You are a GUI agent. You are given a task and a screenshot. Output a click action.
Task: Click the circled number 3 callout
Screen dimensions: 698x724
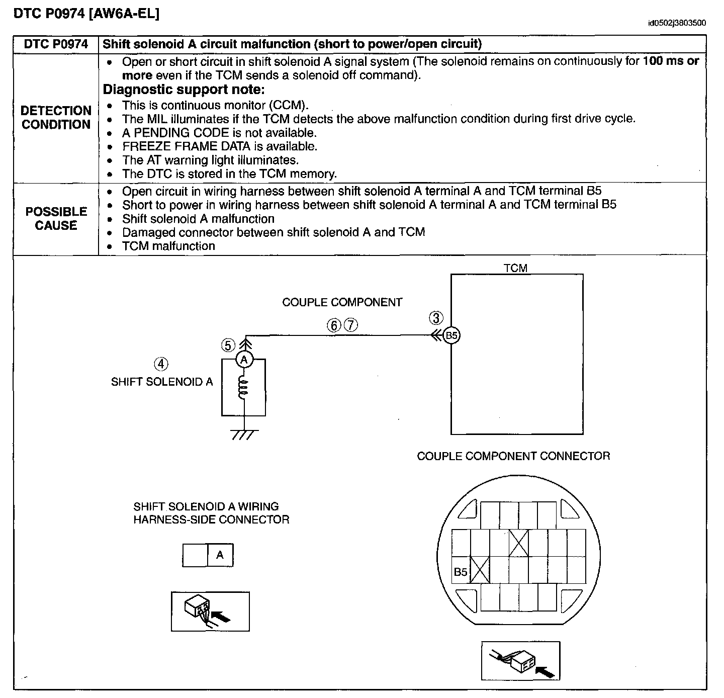click(x=436, y=318)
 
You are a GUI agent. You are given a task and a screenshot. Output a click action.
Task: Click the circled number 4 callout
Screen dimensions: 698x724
click(x=161, y=364)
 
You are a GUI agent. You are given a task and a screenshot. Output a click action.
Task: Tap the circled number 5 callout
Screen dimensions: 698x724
click(x=228, y=345)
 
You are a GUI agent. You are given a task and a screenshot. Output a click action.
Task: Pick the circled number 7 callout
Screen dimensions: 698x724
click(x=350, y=325)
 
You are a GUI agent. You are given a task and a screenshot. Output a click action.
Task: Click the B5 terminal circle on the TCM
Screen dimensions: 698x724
click(x=451, y=335)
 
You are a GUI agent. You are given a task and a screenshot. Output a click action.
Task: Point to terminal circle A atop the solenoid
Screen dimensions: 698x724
click(x=244, y=360)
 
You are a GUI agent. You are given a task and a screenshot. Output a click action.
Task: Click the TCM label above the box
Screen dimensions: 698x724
click(x=515, y=268)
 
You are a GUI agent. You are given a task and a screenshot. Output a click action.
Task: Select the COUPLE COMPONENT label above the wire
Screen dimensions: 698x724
click(x=342, y=302)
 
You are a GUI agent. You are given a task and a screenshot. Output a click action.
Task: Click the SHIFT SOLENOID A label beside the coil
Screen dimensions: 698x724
click(x=162, y=382)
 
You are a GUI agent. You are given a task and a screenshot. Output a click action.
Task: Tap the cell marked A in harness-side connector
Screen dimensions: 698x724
click(x=220, y=555)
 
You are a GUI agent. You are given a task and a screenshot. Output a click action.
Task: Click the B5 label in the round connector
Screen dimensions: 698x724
click(x=461, y=572)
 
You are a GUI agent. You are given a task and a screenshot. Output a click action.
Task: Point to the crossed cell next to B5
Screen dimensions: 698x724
click(x=480, y=570)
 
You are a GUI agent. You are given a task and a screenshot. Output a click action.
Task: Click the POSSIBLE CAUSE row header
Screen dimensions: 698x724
click(x=56, y=219)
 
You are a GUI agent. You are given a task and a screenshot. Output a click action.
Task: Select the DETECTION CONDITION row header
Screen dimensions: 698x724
click(x=56, y=118)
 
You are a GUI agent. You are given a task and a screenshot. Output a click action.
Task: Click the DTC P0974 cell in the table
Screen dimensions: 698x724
click(x=56, y=44)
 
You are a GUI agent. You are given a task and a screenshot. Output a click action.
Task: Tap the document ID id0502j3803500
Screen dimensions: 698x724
click(x=676, y=23)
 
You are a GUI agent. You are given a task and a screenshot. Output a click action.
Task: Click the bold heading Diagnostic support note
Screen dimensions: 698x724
click(x=184, y=90)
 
